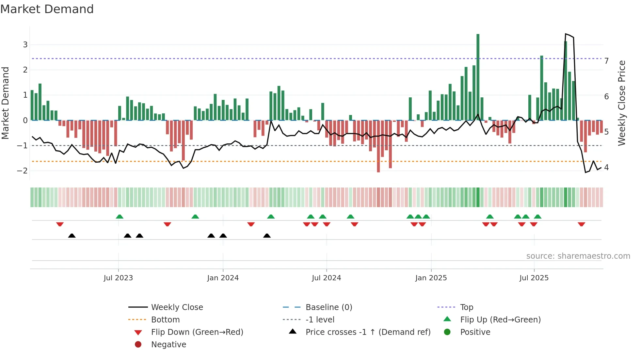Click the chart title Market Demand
click(x=47, y=9)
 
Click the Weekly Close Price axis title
click(x=622, y=103)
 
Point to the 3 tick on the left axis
click(x=25, y=45)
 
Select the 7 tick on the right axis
click(x=606, y=61)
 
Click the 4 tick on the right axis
click(x=606, y=168)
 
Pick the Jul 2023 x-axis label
click(x=118, y=278)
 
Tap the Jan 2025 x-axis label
click(x=431, y=278)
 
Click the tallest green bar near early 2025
click(x=478, y=77)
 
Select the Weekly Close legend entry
click(x=177, y=307)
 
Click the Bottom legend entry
click(x=165, y=320)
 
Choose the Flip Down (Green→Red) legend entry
click(x=197, y=332)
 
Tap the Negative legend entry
click(x=168, y=345)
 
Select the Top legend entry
click(x=467, y=307)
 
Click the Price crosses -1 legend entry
click(x=368, y=332)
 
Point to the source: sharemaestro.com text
click(x=578, y=256)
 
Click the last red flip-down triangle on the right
click(x=581, y=224)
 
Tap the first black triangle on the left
click(x=72, y=236)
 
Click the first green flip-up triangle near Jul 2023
click(x=120, y=217)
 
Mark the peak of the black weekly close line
click(x=566, y=34)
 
